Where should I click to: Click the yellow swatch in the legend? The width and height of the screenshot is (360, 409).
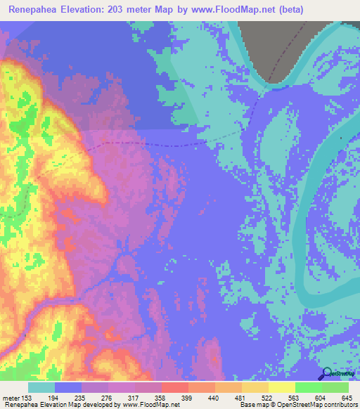click(x=281, y=387)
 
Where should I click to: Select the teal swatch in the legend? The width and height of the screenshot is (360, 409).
click(x=41, y=387)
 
